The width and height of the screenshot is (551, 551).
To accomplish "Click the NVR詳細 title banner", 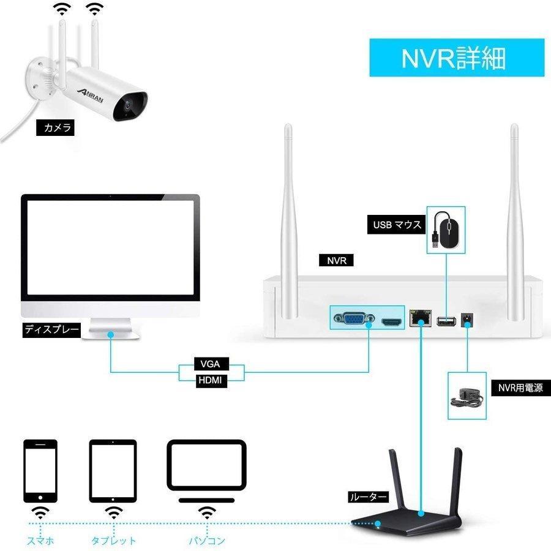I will pyautogui.click(x=456, y=58).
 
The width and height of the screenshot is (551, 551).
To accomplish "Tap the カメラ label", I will pyautogui.click(x=58, y=128).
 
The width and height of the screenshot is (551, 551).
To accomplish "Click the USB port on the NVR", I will pyautogui.click(x=446, y=320).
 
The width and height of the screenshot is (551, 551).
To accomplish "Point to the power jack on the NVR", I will pyautogui.click(x=468, y=320).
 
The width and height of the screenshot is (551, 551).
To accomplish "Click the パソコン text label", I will pyautogui.click(x=207, y=541).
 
